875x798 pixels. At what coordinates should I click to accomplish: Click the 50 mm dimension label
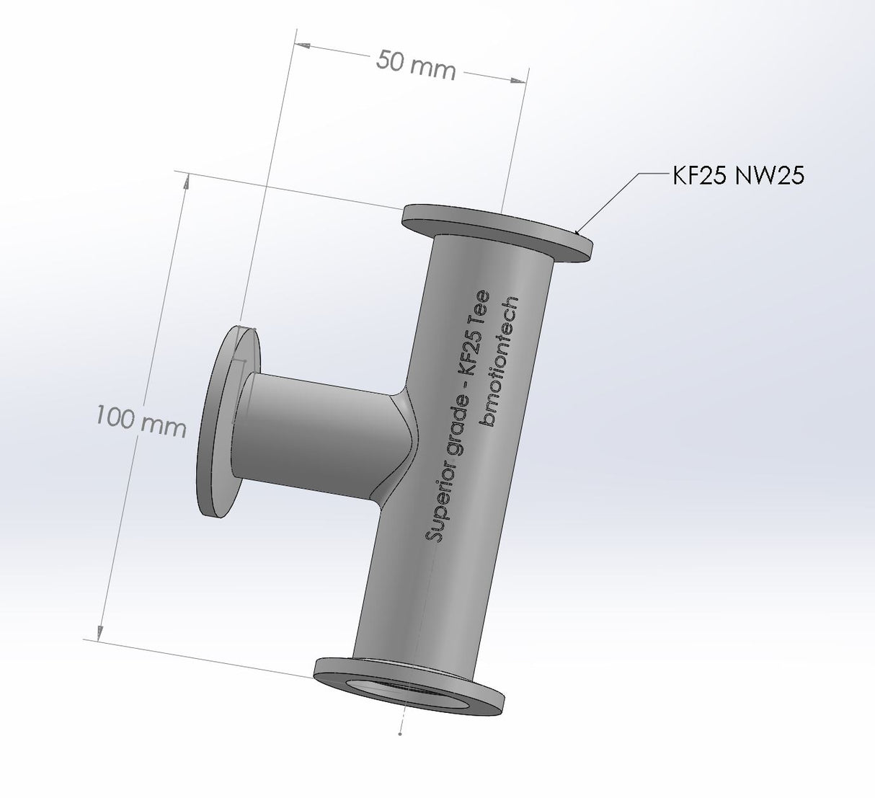pos(416,65)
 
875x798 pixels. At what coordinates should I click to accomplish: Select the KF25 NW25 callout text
pos(738,175)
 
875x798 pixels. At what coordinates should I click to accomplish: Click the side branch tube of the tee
pos(317,433)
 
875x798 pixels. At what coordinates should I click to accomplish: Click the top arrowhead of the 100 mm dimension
pos(187,183)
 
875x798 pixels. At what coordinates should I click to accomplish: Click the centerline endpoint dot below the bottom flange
pos(400,734)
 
